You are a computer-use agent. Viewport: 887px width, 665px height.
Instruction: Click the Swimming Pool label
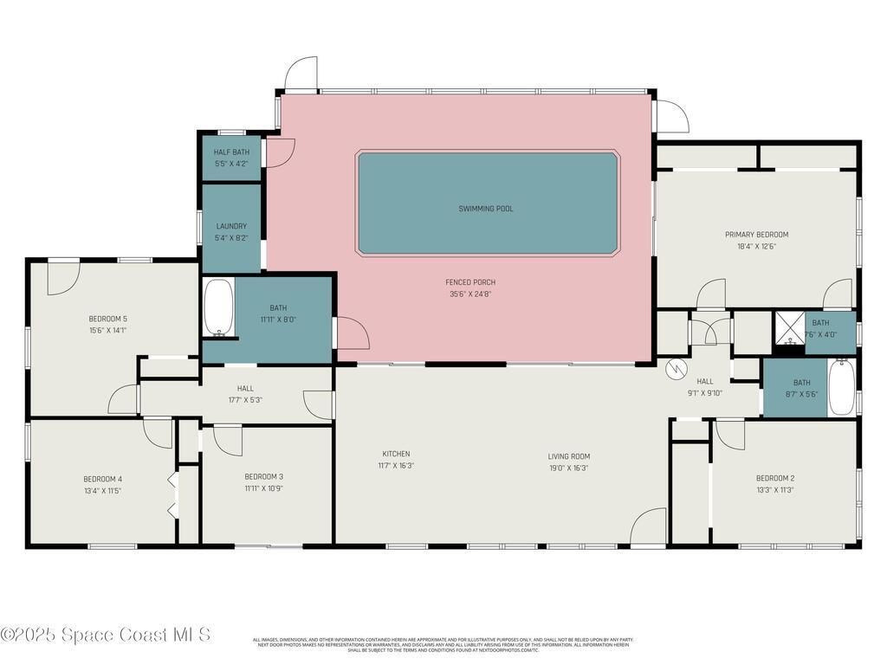click(486, 209)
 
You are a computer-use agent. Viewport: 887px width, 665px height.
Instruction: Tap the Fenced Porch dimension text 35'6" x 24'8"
click(469, 294)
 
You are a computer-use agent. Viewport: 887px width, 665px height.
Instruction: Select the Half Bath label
click(231, 152)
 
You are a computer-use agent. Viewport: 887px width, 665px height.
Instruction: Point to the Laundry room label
click(231, 226)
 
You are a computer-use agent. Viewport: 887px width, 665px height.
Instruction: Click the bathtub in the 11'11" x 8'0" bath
click(218, 307)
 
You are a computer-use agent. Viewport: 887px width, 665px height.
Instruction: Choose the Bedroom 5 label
click(107, 318)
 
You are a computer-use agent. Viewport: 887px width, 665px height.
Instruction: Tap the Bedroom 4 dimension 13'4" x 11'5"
click(102, 491)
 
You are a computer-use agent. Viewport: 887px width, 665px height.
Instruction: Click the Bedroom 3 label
click(263, 476)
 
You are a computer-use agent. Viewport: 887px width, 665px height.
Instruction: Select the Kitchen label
click(396, 454)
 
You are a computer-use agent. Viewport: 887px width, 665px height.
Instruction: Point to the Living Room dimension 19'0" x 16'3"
click(568, 468)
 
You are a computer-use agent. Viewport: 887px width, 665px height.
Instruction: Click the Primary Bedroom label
click(756, 234)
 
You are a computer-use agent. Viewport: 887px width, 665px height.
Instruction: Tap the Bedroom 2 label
click(774, 478)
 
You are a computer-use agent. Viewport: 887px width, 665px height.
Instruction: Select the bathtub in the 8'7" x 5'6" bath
click(841, 387)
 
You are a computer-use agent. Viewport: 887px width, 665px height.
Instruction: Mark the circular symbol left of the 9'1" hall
click(674, 369)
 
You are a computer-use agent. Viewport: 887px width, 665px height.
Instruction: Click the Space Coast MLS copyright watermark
click(105, 635)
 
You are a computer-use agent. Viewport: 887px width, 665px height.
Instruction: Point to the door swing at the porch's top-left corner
click(302, 73)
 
